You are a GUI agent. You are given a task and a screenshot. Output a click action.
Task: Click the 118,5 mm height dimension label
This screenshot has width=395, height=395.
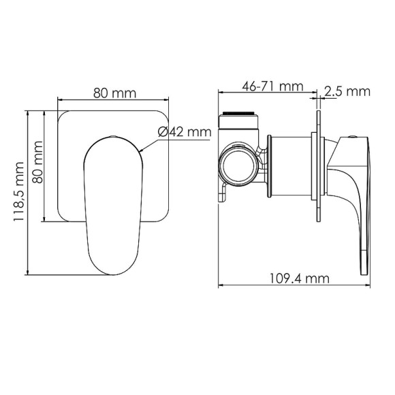pos(19,191)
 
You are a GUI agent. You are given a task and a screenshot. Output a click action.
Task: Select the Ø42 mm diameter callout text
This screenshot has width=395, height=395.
pos(185,132)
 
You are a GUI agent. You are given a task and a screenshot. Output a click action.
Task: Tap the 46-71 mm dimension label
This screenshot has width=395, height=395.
pos(272,86)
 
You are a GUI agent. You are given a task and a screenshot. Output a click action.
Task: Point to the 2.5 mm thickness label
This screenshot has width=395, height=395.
pos(347,92)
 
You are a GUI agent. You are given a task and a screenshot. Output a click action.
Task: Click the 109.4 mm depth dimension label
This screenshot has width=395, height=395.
pos(300,279)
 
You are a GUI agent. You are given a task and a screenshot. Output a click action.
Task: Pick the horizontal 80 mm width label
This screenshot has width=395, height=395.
pos(114,93)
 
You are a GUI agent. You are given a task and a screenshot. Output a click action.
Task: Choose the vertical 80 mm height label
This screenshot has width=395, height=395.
pos(37,162)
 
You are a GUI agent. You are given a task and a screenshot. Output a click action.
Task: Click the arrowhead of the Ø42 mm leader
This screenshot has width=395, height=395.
pos(141,151)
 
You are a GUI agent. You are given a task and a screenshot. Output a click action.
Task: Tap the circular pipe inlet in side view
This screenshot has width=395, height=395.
pos(238,165)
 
